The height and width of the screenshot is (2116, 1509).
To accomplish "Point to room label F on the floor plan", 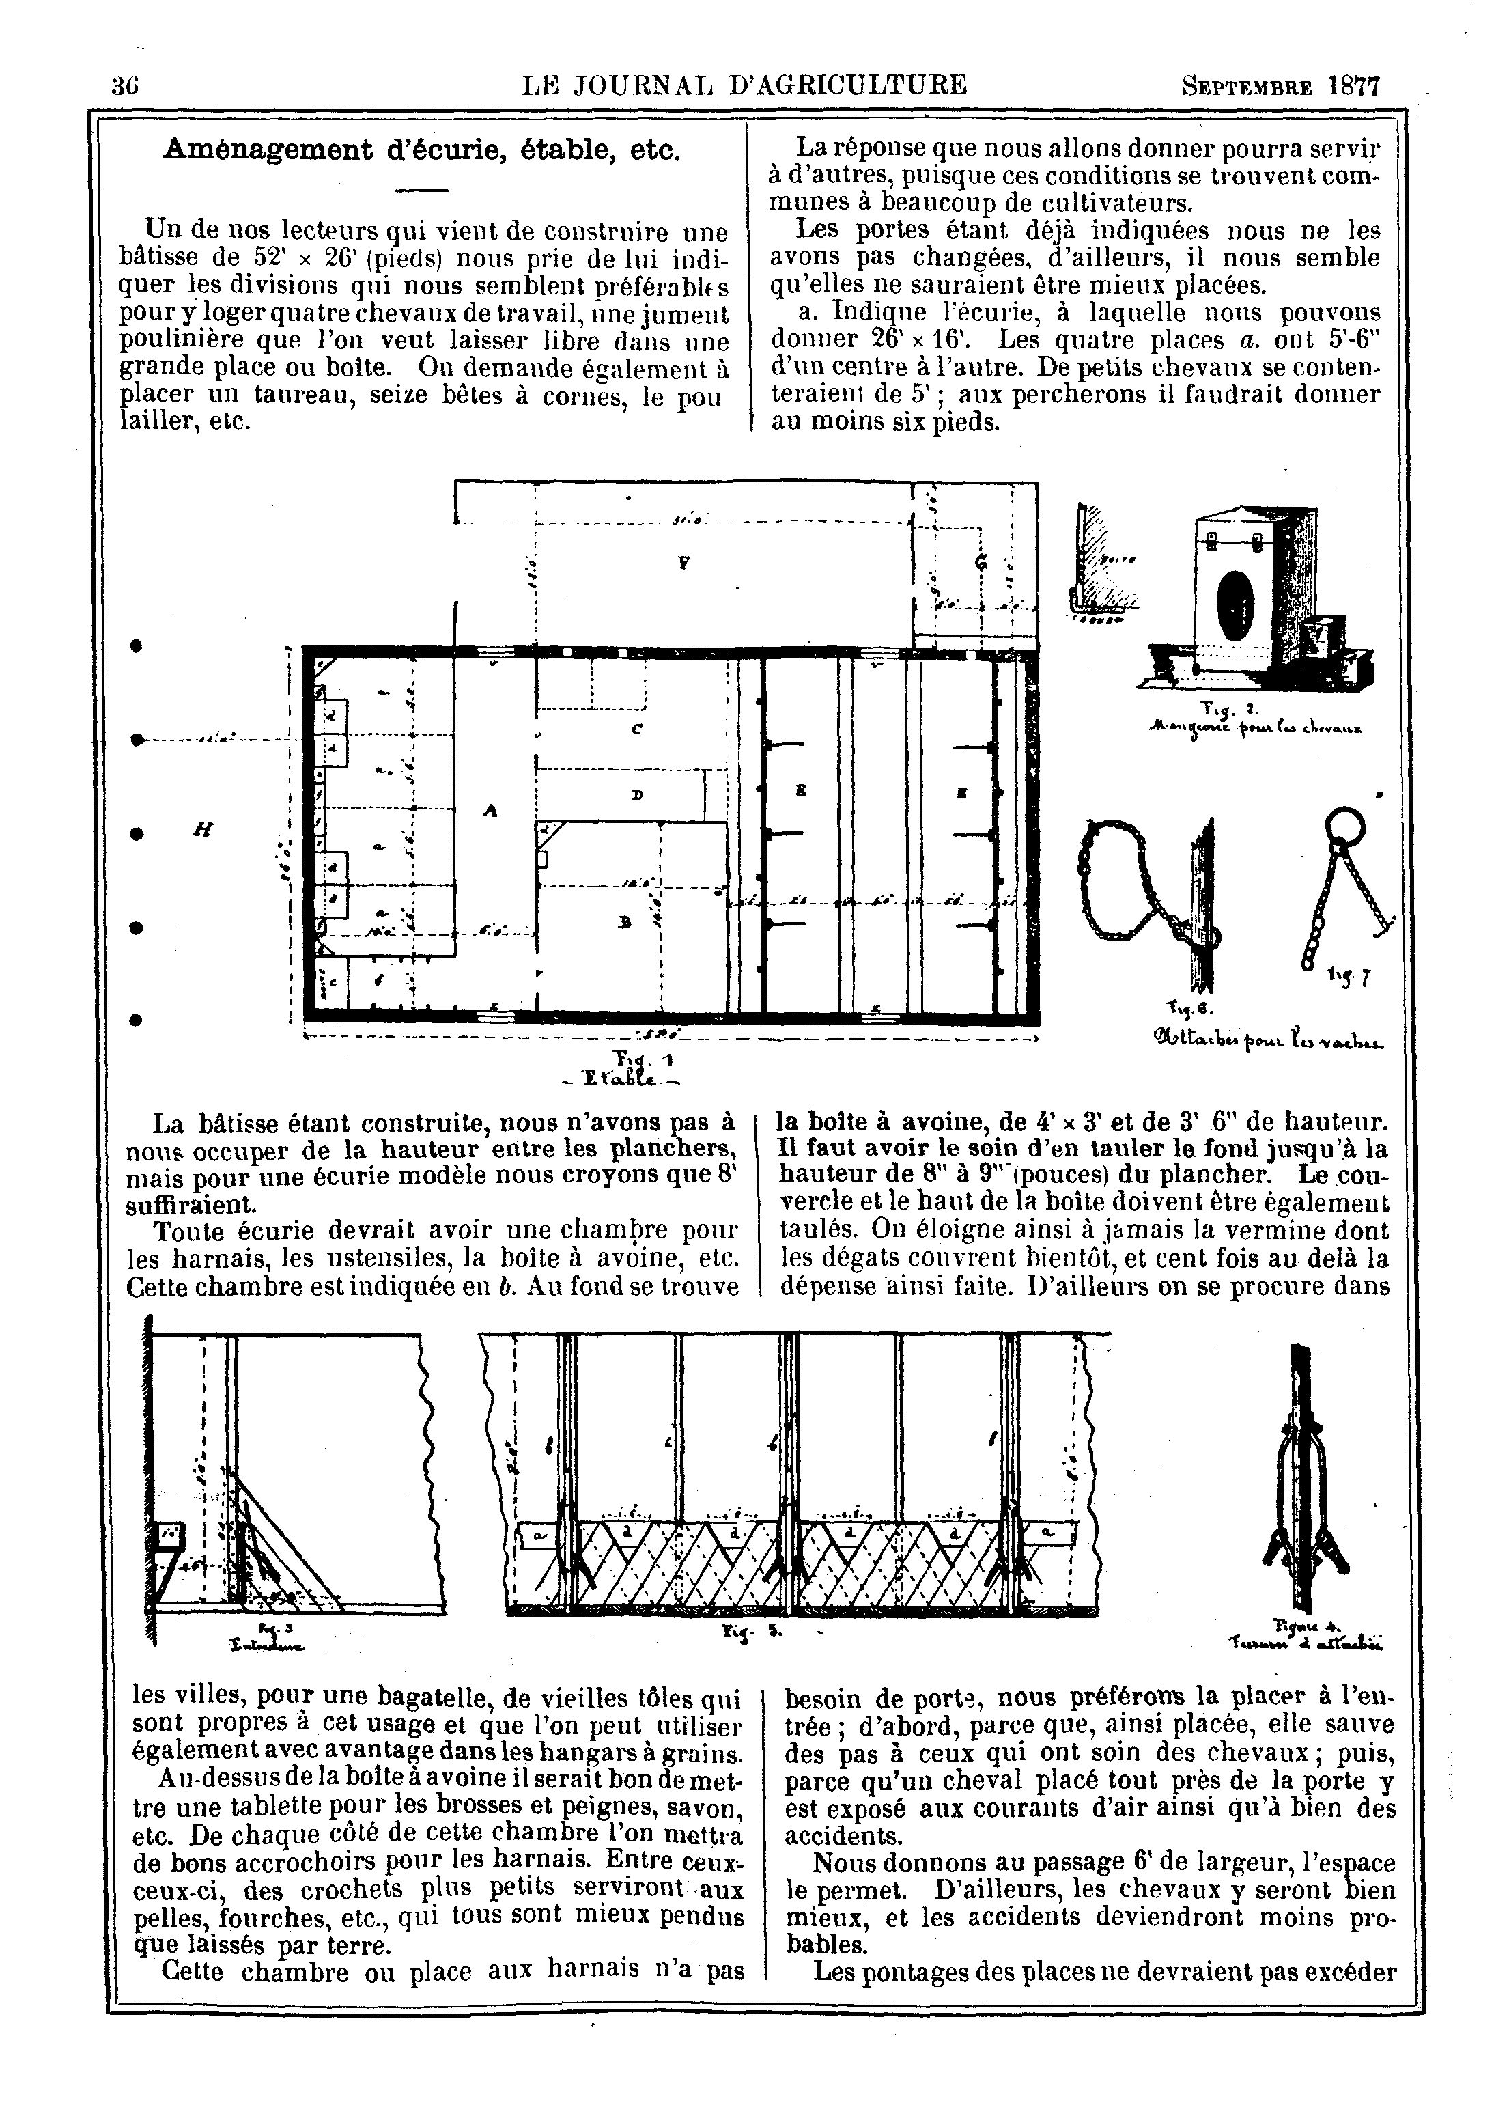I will pos(683,561).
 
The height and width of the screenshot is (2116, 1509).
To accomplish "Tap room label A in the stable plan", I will pos(491,810).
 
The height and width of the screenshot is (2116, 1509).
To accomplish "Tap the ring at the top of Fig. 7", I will pos(1344,825).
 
